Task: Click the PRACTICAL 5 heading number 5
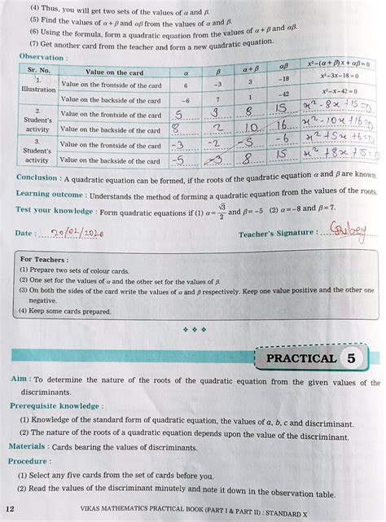(350, 358)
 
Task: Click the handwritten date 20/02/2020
(77, 233)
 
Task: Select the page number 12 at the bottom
(11, 507)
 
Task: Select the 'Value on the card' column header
(113, 72)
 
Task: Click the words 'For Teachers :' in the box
(43, 259)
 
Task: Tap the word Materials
(27, 445)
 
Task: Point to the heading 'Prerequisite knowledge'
(55, 405)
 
